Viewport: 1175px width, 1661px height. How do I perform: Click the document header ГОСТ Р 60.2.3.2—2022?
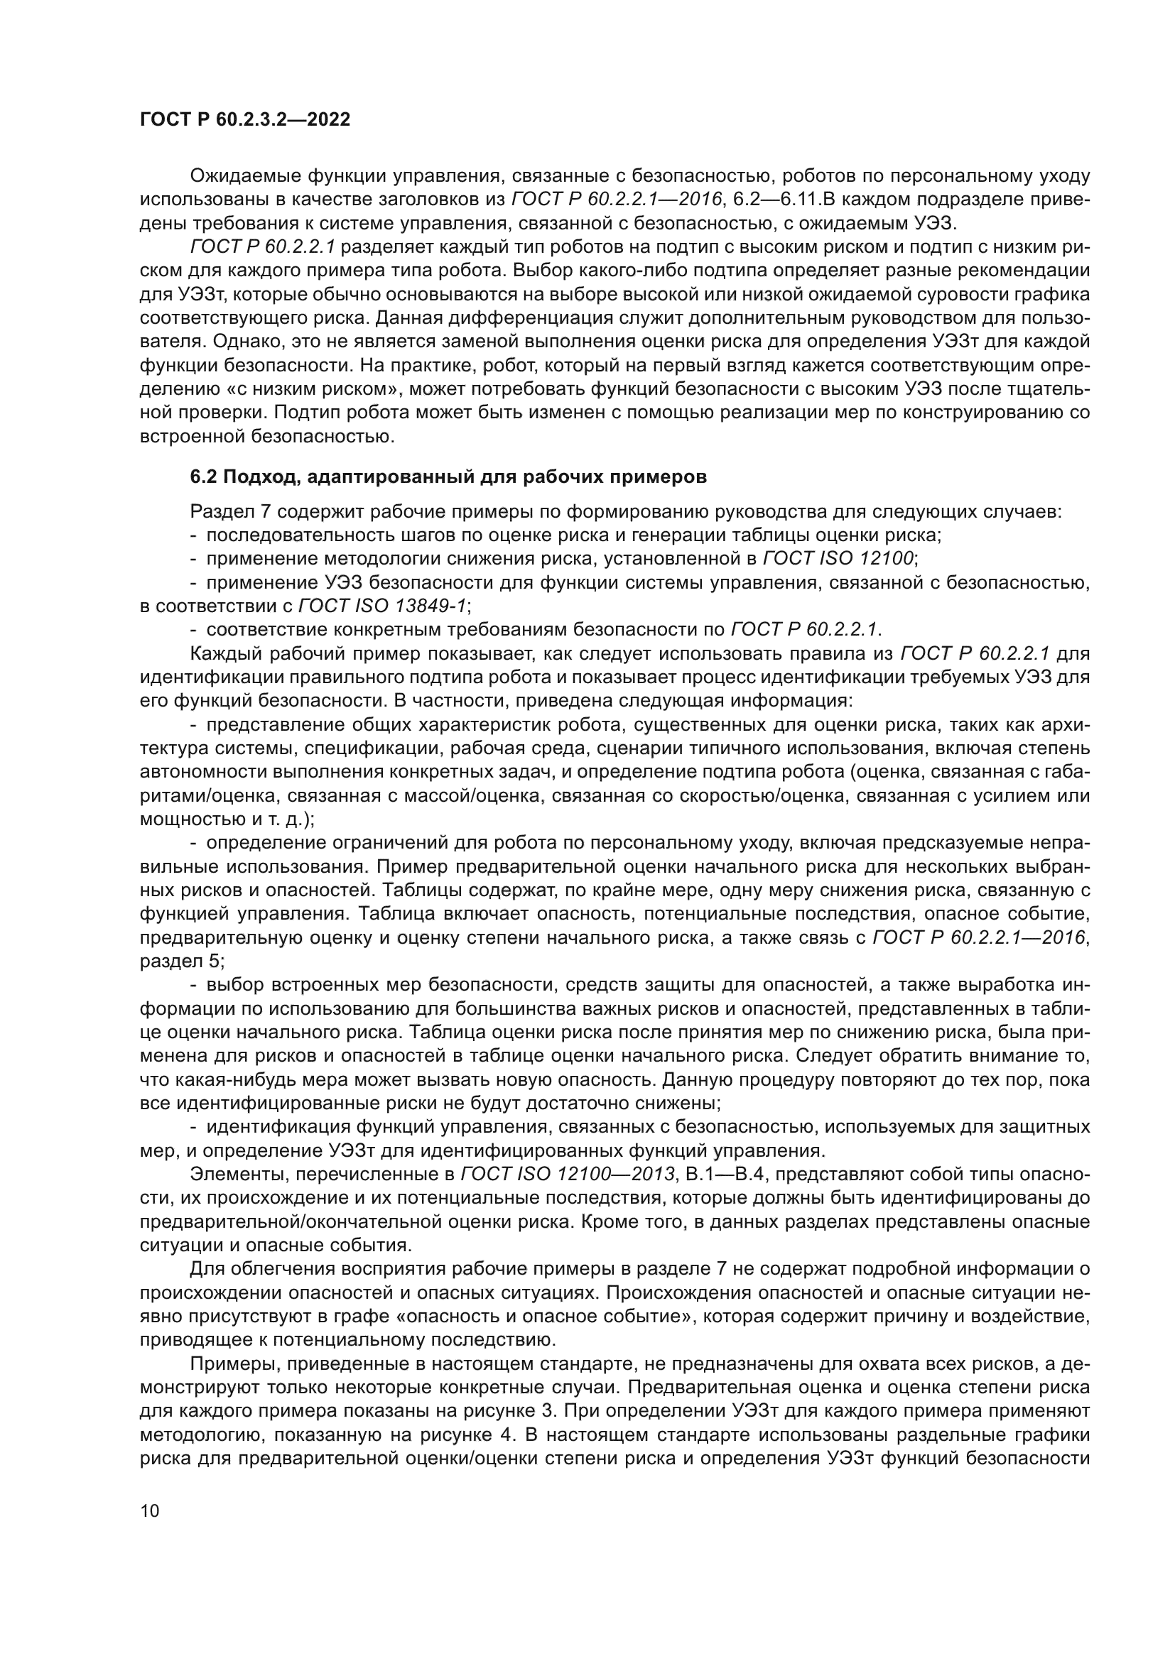coord(244,120)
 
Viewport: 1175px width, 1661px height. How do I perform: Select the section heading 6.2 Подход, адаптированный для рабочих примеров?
coord(448,477)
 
